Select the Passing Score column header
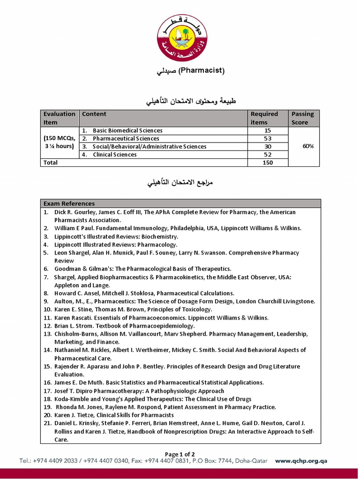[x=303, y=118]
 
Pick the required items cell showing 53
[x=268, y=138]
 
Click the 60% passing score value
[x=308, y=146]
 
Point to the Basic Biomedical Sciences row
[x=127, y=130]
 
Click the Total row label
[x=51, y=162]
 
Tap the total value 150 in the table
[x=268, y=162]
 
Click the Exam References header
[x=69, y=203]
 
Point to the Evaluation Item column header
[x=59, y=118]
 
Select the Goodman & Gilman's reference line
[x=142, y=269]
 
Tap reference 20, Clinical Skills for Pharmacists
[x=114, y=415]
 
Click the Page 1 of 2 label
[x=180, y=454]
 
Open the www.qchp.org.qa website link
[x=301, y=461]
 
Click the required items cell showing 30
[x=268, y=146]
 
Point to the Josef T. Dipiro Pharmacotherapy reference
[x=139, y=391]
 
